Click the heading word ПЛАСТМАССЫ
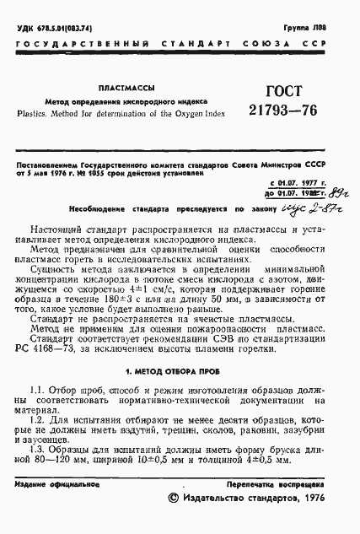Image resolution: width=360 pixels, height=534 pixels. [122, 85]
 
